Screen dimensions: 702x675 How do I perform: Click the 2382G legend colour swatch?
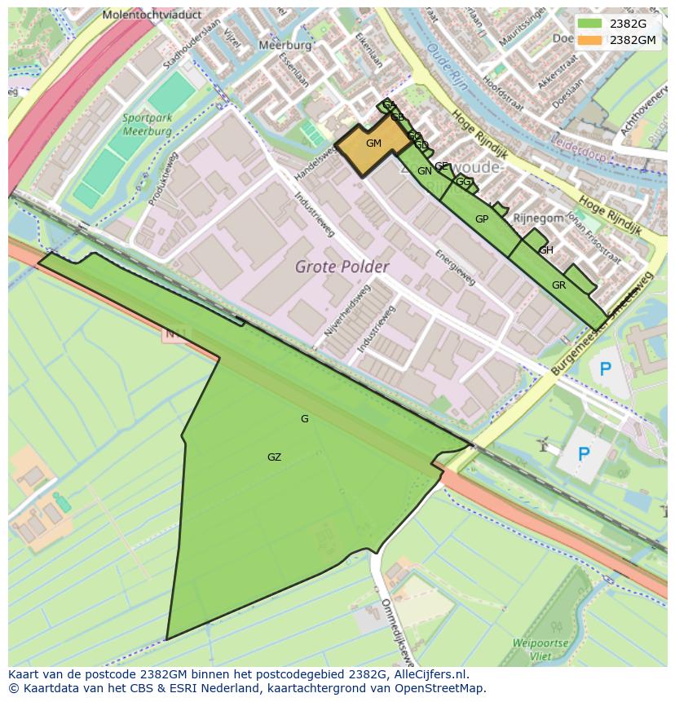(x=591, y=24)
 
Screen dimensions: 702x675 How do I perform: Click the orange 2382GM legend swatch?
(x=591, y=39)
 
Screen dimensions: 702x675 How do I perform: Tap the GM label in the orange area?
(x=373, y=143)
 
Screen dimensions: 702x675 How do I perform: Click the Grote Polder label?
(x=342, y=267)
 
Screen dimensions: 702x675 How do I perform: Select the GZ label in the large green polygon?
(x=274, y=457)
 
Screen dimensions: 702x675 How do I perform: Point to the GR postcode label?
(x=558, y=285)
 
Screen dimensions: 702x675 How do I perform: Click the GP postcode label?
(x=482, y=219)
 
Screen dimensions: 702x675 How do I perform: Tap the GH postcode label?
(x=546, y=250)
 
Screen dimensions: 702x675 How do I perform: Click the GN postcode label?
(x=424, y=171)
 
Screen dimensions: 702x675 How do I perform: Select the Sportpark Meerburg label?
(x=148, y=125)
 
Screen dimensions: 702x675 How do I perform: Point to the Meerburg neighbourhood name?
(x=285, y=46)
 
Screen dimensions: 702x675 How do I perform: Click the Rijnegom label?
(x=538, y=218)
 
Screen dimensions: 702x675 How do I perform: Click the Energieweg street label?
(x=457, y=267)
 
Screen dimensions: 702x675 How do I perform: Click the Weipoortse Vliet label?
(x=540, y=649)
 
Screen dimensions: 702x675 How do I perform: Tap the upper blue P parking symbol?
(x=605, y=369)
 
